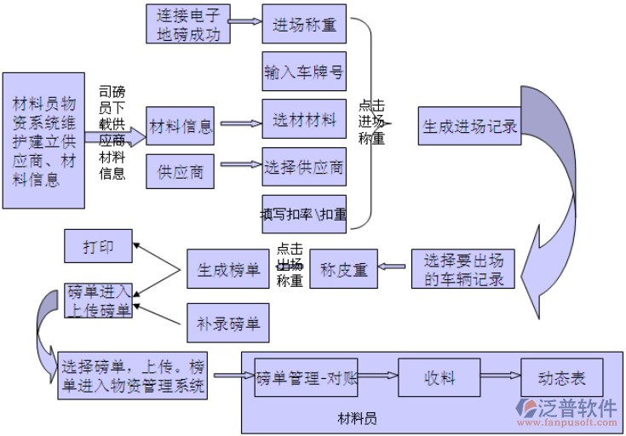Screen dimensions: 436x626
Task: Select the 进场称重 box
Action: (x=304, y=25)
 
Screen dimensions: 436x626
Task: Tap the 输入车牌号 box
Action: (x=304, y=72)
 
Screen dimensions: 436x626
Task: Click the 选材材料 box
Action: (x=304, y=120)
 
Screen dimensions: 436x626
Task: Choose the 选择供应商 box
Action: (x=304, y=167)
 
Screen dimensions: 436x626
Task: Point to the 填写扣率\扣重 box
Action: (x=304, y=215)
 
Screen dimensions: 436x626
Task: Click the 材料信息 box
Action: (x=181, y=126)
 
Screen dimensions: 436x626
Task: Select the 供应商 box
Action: (x=181, y=172)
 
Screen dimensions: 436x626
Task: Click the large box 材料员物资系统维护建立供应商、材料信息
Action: (x=43, y=141)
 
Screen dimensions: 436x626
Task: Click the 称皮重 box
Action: (x=343, y=270)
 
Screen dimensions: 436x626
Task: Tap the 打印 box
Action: (x=99, y=247)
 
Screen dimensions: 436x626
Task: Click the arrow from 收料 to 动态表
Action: (x=501, y=376)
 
